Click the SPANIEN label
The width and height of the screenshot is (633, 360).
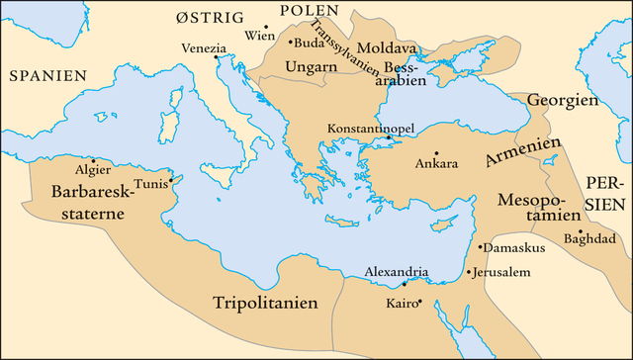pos(45,74)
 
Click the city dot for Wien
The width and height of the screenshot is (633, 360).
pos(266,27)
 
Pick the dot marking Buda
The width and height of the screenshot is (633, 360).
pos(290,43)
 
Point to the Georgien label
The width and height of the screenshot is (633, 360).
pos(563,101)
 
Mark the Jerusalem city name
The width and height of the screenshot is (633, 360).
pos(504,272)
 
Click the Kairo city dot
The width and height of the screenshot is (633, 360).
pos(419,302)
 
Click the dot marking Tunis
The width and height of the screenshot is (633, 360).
pos(171,179)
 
